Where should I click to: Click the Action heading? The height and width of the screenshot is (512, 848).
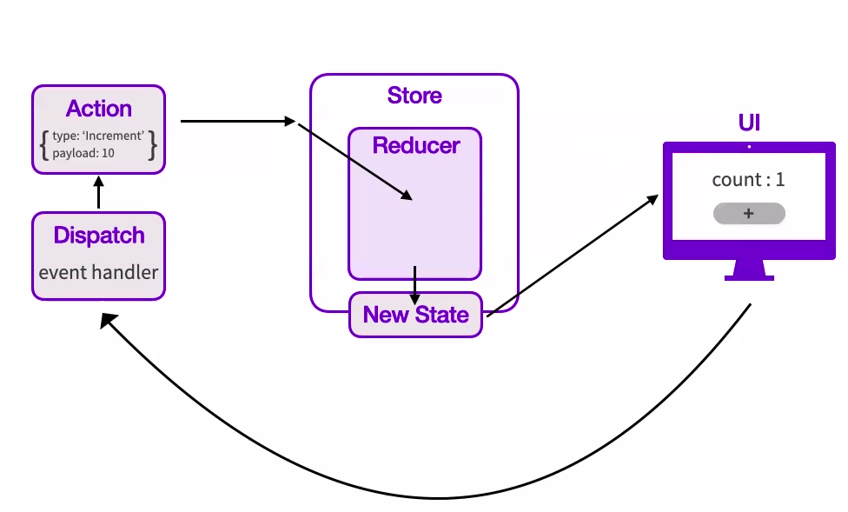[x=98, y=109]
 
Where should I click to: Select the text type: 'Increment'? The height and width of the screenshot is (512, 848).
[x=97, y=136]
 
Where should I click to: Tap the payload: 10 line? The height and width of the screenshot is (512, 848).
[x=83, y=153]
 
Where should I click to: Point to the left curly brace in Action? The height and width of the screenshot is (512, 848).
[x=43, y=144]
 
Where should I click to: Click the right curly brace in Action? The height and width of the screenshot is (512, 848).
[x=153, y=144]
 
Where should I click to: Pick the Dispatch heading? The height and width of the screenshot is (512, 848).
[x=98, y=236]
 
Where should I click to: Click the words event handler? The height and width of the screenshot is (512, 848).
[x=98, y=272]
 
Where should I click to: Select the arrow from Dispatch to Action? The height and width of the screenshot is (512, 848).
[x=98, y=192]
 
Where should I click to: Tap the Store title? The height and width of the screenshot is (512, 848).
[x=414, y=96]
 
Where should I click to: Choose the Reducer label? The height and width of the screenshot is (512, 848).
[x=415, y=145]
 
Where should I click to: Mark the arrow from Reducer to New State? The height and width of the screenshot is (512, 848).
[x=415, y=284]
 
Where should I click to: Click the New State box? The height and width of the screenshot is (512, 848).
[x=415, y=315]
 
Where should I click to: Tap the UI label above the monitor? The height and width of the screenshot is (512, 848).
[x=749, y=123]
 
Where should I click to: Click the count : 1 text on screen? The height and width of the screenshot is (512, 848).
[x=748, y=180]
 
